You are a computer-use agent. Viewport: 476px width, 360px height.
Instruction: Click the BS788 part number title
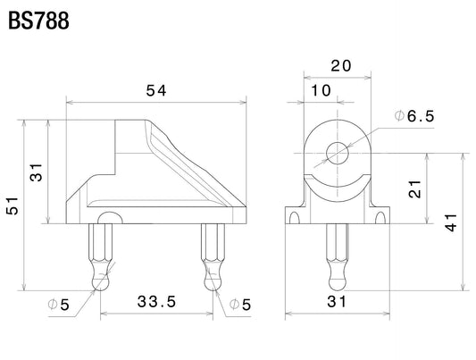click(x=38, y=21)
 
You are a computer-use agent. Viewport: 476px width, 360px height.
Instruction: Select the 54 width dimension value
click(x=156, y=90)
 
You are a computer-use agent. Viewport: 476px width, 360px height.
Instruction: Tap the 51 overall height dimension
click(x=13, y=205)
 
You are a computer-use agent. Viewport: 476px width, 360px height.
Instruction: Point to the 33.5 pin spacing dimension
click(x=156, y=302)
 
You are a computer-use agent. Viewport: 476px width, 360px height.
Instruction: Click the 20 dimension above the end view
click(x=341, y=66)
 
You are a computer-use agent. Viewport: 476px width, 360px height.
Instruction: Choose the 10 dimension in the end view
click(x=321, y=90)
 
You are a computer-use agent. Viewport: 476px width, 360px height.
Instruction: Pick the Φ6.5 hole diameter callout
click(x=414, y=116)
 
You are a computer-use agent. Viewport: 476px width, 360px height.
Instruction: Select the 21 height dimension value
click(x=415, y=189)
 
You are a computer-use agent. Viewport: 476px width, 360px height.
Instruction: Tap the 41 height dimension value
click(x=451, y=222)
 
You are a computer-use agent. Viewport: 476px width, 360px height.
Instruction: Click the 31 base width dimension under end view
click(x=337, y=302)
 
